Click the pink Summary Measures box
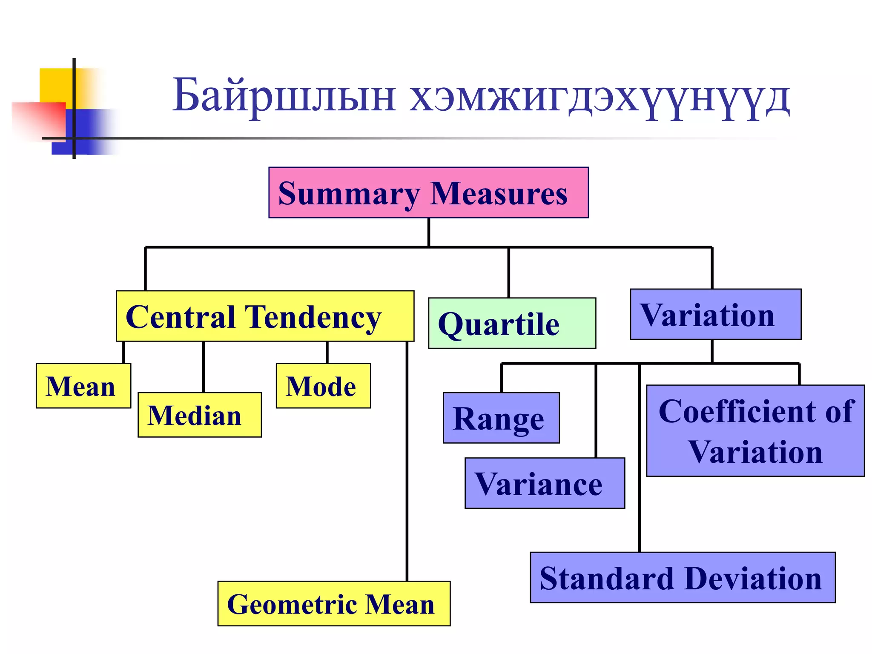click(x=428, y=192)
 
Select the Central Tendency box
click(x=265, y=316)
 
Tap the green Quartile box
click(x=512, y=323)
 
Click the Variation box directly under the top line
click(x=715, y=314)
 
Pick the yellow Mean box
click(x=83, y=386)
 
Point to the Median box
click(x=199, y=415)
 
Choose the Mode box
click(x=323, y=386)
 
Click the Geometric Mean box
click(x=334, y=603)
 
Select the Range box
click(x=501, y=418)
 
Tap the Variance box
click(x=545, y=483)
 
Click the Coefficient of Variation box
click(x=755, y=430)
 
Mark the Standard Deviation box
click(x=682, y=577)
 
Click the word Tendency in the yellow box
click(x=313, y=318)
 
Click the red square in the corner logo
click(x=40, y=121)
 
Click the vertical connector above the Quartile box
click(x=508, y=272)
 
